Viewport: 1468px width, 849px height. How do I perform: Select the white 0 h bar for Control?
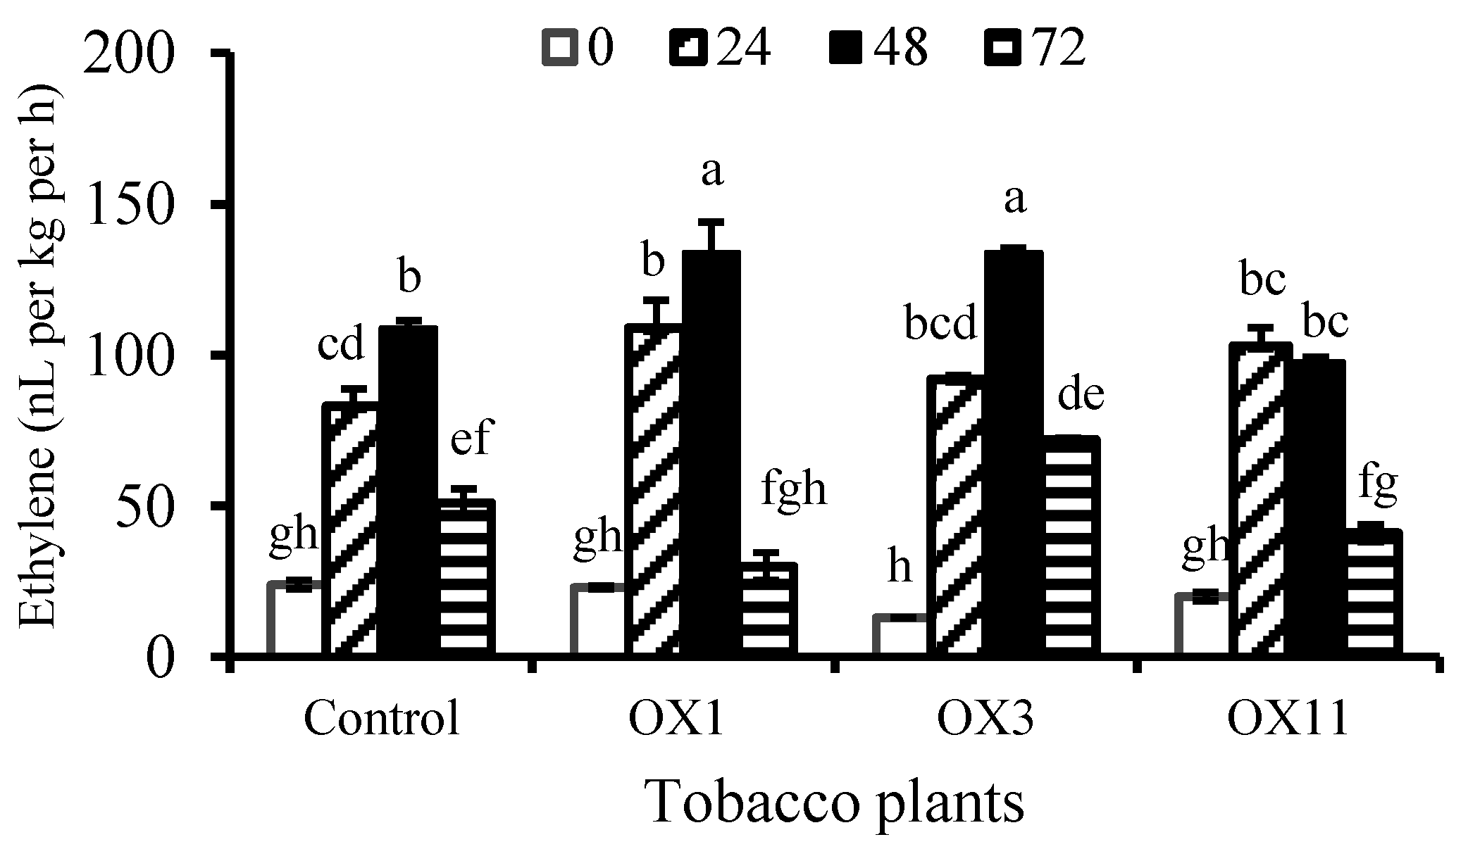pyautogui.click(x=296, y=620)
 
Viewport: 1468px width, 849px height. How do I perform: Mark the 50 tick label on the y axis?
pyautogui.click(x=142, y=507)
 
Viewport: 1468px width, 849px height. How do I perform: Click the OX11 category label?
pyautogui.click(x=1287, y=719)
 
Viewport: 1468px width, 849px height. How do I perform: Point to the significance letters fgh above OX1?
pyautogui.click(x=794, y=488)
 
